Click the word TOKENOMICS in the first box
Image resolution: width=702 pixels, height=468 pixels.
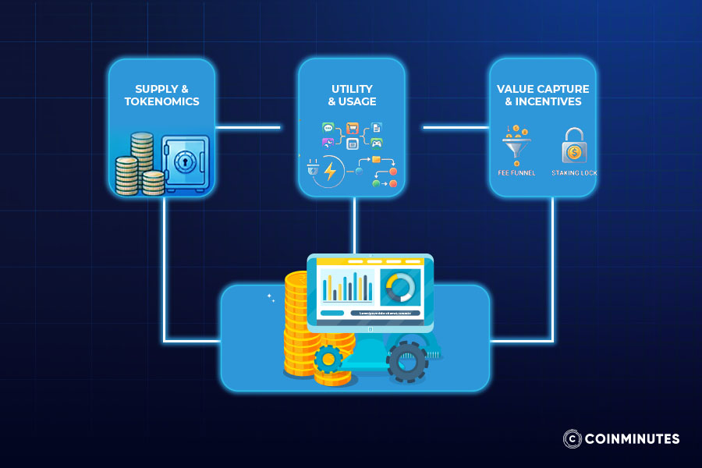coord(161,101)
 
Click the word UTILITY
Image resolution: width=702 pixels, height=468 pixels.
coord(351,89)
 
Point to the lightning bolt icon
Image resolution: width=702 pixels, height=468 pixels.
coord(331,171)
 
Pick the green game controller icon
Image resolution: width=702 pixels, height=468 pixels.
coord(376,143)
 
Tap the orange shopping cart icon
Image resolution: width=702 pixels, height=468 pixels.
coord(352,127)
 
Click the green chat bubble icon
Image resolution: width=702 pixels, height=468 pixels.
coord(328,127)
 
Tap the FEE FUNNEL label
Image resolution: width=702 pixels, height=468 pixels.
coord(516,172)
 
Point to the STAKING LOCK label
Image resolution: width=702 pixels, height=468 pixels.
coord(574,172)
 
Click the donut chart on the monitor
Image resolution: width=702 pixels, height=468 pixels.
coord(399,288)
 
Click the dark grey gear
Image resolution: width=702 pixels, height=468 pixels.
coord(407,361)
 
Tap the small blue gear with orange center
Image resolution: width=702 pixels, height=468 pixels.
coord(328,360)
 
